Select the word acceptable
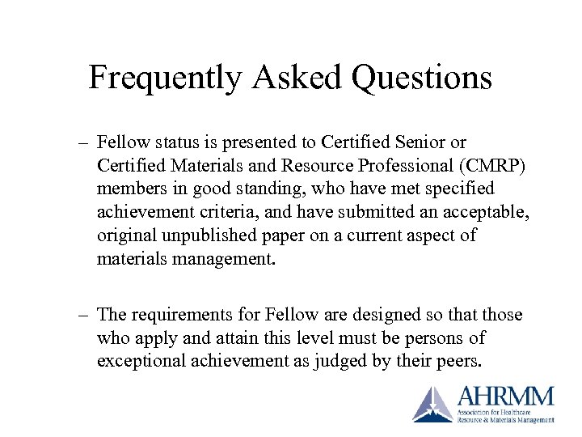488,212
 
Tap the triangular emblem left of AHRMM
433,404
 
